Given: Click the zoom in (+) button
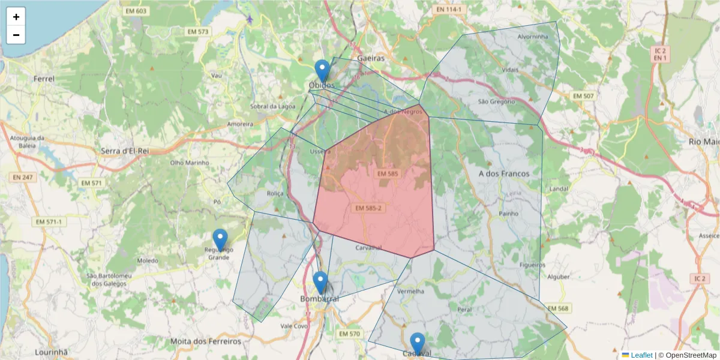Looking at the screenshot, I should pos(16,17).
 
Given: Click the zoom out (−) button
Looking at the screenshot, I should pos(16,35).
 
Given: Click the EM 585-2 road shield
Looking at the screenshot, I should pos(368,208).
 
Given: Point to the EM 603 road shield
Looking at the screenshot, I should pos(136,11).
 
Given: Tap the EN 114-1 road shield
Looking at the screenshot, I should pos(449,10).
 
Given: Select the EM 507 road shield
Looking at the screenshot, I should pos(583,96).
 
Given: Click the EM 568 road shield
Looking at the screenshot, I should pos(557,308).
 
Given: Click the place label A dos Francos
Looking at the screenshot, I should pos(504,173).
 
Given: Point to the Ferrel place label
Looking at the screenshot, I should pos(44,79).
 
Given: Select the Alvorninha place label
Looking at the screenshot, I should pos(533,37).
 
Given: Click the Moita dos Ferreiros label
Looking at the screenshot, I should pos(206,341).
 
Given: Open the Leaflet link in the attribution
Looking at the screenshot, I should pos(641,355).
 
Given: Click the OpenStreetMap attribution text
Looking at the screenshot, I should pos(687,355).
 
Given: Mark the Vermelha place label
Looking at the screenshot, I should pos(410,291).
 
